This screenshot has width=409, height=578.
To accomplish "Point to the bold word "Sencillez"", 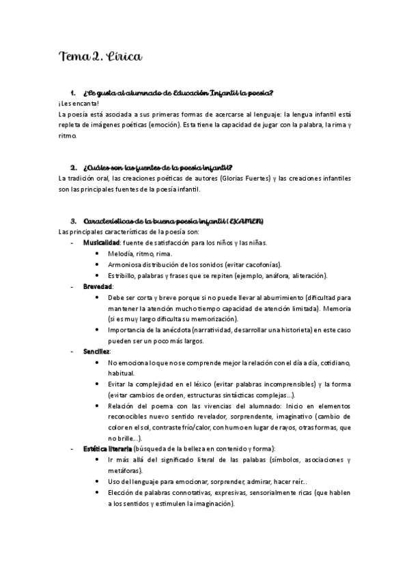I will pos(97,351).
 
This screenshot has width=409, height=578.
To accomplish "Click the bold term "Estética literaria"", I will pos(108,448).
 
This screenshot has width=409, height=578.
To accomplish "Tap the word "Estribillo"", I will pos(124,275).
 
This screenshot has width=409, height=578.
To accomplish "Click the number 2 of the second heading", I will pos(72,168).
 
